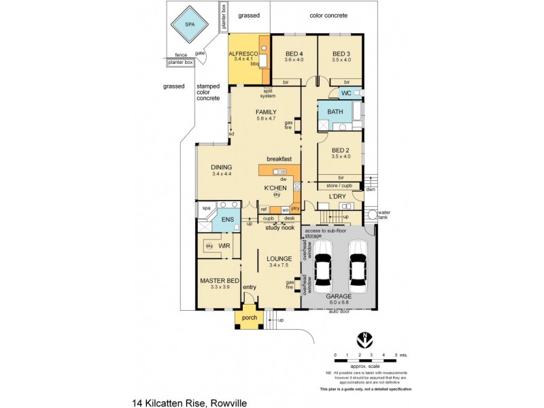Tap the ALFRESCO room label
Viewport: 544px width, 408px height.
[x=243, y=53]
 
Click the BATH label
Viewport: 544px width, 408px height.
[x=335, y=112]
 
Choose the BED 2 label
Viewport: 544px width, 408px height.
[x=340, y=150]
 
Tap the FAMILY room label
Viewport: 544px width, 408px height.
[x=266, y=112]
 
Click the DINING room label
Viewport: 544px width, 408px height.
[x=222, y=167]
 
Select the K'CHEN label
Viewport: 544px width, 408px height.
[x=275, y=187]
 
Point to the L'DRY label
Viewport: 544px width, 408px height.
[x=337, y=196]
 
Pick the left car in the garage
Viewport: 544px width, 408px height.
[x=322, y=270]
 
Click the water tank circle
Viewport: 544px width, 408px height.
[x=371, y=216]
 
